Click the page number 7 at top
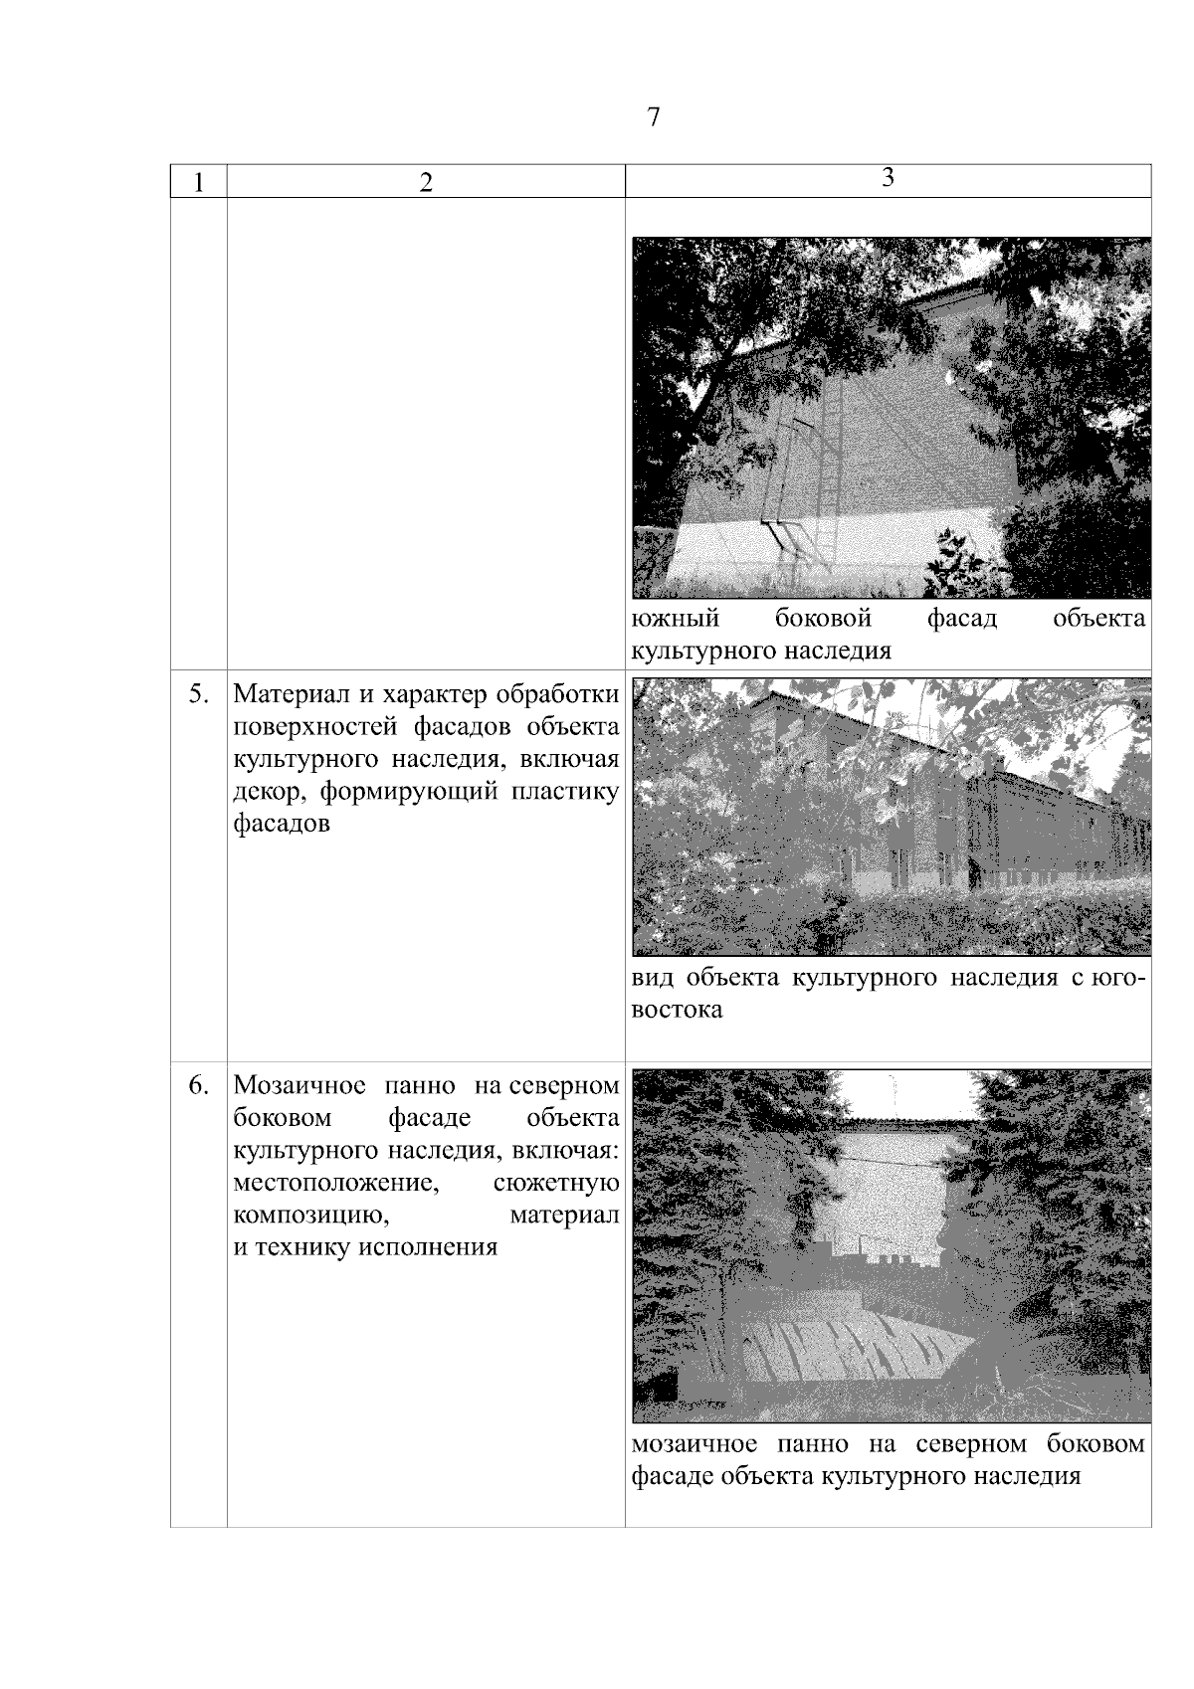pos(653,117)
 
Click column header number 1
pos(199,183)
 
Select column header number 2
pos(426,183)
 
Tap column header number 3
pos(888,177)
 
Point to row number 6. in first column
pos(199,1085)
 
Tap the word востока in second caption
pos(677,1012)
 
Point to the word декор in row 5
pos(264,793)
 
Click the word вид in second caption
pos(652,979)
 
